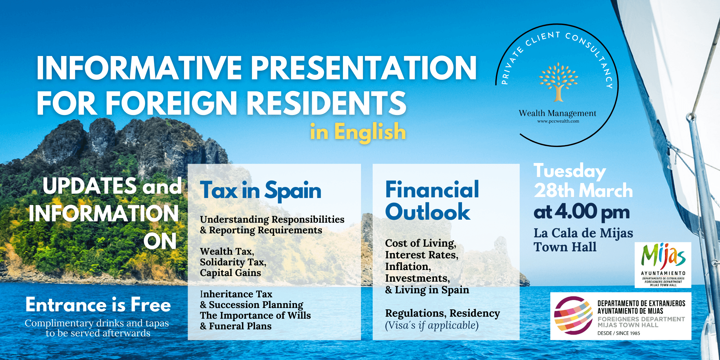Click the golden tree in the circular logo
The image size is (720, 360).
pyautogui.click(x=558, y=82)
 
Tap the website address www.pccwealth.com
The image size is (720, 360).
pyautogui.click(x=558, y=121)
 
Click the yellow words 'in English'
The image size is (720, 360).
pyautogui.click(x=358, y=132)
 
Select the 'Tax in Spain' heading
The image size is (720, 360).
pyautogui.click(x=261, y=191)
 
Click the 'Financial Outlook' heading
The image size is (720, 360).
pyautogui.click(x=432, y=201)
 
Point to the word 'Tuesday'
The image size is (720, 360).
pyautogui.click(x=570, y=172)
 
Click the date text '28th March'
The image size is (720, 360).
pyautogui.click(x=583, y=191)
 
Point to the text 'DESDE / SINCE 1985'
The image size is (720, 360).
pyautogui.click(x=619, y=333)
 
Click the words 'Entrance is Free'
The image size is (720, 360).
pyautogui.click(x=98, y=305)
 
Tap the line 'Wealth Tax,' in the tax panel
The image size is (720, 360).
pyautogui.click(x=227, y=251)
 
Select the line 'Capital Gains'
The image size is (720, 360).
pyautogui.click(x=230, y=273)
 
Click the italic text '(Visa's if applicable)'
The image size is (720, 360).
pyautogui.click(x=432, y=325)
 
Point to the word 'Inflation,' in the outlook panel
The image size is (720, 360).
pyautogui.click(x=408, y=267)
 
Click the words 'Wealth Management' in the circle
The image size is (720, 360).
pyautogui.click(x=557, y=113)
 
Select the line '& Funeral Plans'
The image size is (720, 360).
pyautogui.click(x=236, y=326)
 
